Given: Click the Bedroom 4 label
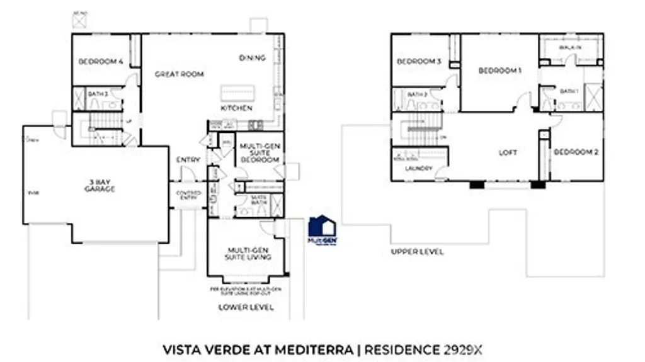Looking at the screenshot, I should tap(100, 62).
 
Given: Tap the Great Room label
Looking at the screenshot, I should tap(180, 74).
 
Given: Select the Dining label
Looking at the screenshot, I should tap(252, 58).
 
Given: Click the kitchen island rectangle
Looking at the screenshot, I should tap(236, 93).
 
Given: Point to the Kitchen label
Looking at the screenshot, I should tap(236, 108).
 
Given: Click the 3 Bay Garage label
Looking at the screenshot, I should tap(100, 186).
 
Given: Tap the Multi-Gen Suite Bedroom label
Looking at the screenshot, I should tap(259, 152).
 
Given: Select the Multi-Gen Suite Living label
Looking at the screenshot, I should tap(249, 254).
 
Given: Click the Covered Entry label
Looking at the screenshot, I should tap(188, 195).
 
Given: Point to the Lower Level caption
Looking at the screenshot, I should tap(246, 307).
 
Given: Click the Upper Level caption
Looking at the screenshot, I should tap(417, 252).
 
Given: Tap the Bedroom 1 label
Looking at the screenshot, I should tap(499, 71).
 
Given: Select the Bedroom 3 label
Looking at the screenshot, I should tap(418, 62).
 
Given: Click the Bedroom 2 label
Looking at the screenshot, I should tap(576, 152).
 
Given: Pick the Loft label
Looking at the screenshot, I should tap(508, 152).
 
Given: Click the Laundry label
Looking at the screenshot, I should tap(418, 169).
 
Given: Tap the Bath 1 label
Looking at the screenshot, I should tap(569, 92).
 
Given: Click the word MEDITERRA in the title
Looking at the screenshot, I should tap(320, 348).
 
